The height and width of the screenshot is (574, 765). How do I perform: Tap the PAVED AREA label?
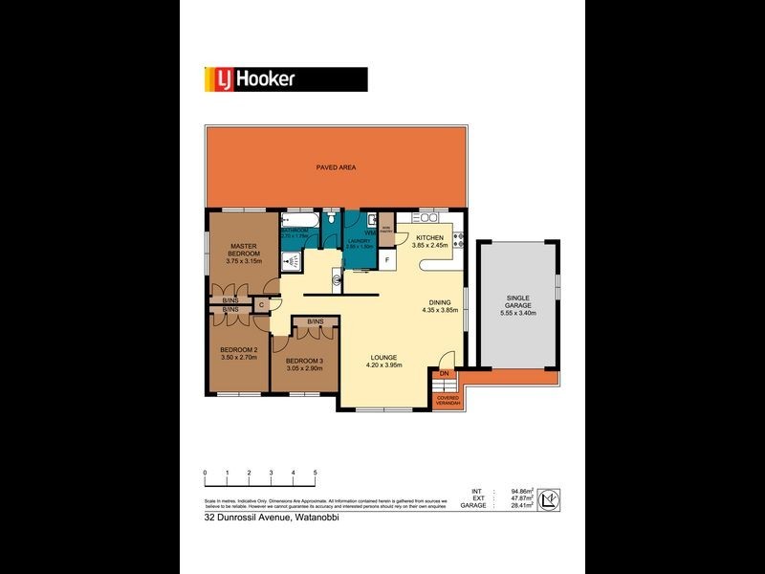(x=337, y=167)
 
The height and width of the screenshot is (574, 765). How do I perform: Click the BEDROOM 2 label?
(x=239, y=350)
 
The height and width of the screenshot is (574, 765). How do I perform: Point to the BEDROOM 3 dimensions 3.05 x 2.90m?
(x=305, y=367)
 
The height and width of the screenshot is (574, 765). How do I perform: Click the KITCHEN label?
(x=429, y=237)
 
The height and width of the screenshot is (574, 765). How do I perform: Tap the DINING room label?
(x=440, y=302)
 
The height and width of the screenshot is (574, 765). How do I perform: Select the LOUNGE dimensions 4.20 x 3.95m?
(x=387, y=364)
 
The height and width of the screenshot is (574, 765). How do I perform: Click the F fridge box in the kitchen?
(x=387, y=259)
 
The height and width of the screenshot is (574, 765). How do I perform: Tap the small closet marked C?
(x=260, y=304)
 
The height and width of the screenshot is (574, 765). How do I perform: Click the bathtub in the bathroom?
(x=295, y=219)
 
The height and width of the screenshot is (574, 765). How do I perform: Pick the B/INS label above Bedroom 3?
(x=315, y=321)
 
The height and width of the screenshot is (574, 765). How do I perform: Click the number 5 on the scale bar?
(x=315, y=473)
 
